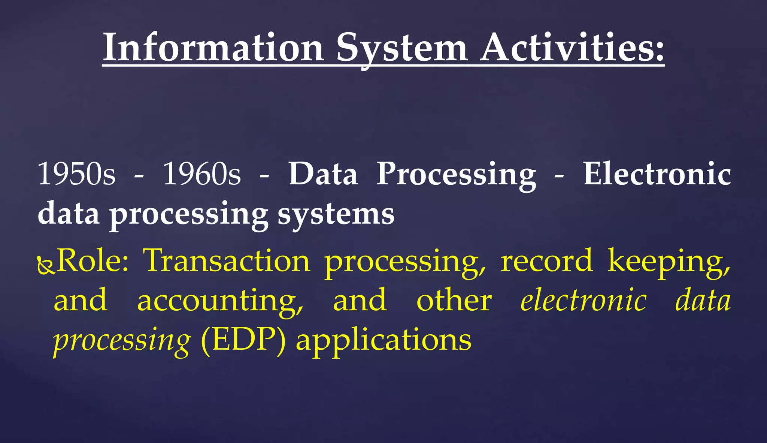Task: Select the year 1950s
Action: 77,174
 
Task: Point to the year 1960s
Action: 202,174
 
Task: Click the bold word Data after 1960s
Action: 323,174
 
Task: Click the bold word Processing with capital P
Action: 456,175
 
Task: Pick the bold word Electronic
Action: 657,174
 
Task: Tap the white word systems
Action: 336,214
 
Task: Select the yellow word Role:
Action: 93,261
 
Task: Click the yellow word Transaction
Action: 227,261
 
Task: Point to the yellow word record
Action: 547,261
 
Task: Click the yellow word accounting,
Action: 220,301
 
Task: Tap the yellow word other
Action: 454,301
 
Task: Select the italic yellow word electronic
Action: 583,301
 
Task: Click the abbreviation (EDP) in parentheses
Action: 243,340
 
